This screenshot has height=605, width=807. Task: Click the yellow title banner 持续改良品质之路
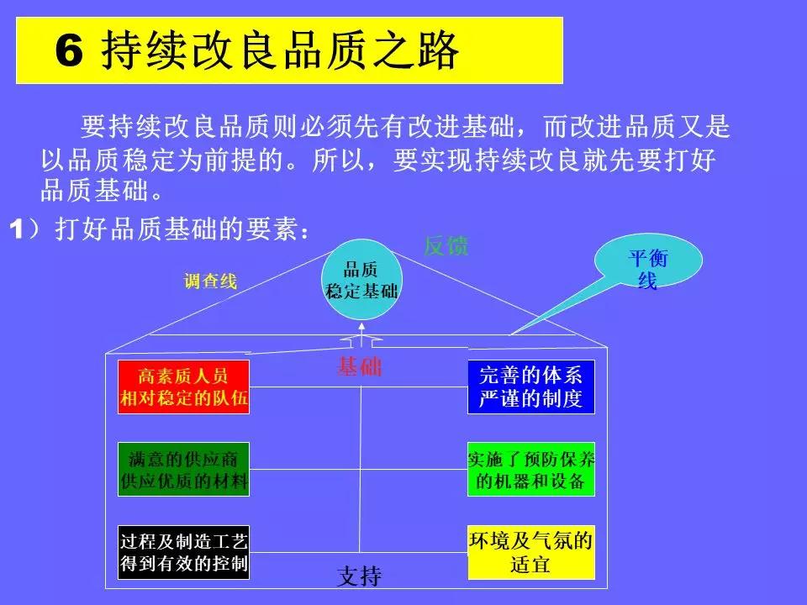coord(289,51)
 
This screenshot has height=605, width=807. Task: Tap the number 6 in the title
coord(69,53)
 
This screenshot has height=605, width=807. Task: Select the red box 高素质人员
coord(183,387)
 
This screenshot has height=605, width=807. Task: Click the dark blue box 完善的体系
coord(530,387)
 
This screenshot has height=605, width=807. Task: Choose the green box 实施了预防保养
coord(530,470)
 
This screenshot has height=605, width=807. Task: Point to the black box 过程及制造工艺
coord(183,552)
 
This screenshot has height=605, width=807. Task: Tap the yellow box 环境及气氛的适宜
coord(530,552)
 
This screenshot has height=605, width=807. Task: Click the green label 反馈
coord(446,246)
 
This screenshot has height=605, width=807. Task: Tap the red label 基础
coord(360,366)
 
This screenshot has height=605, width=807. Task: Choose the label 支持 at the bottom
coord(359,576)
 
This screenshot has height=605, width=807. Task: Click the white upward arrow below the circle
coord(361,340)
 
